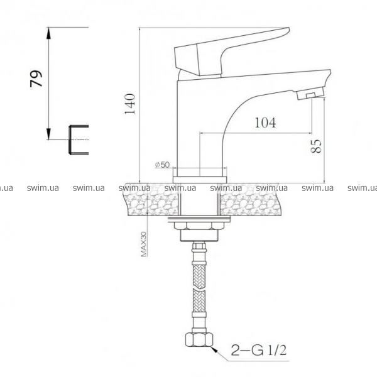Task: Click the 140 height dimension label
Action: (x=130, y=104)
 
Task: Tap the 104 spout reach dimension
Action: (x=265, y=123)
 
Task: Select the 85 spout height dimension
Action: (x=316, y=146)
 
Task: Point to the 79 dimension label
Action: (x=36, y=79)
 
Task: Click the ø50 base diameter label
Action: (x=163, y=165)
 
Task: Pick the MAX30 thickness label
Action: (x=143, y=244)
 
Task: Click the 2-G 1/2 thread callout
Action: (x=259, y=350)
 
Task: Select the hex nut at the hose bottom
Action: (x=199, y=339)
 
